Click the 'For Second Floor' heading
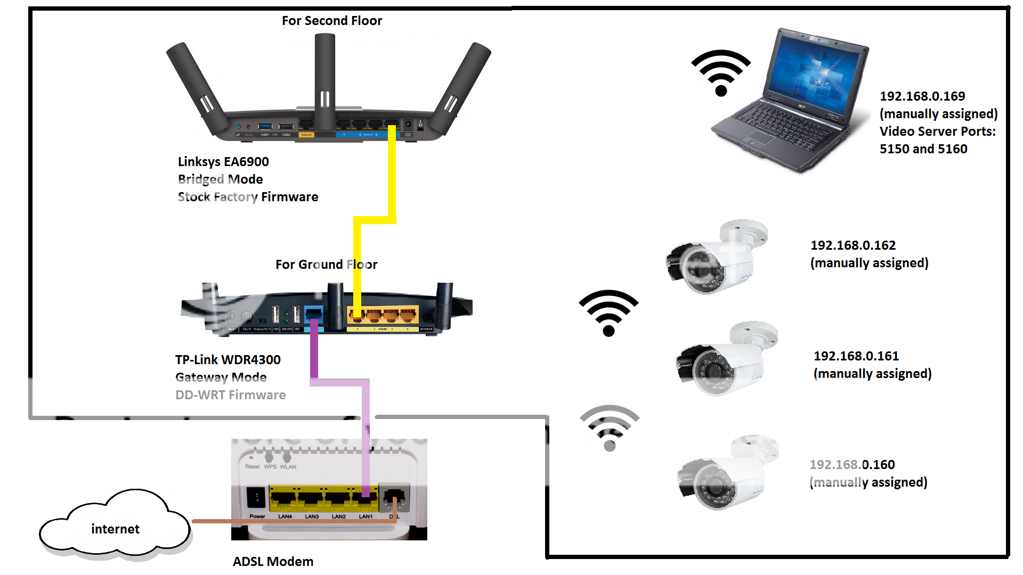click(x=331, y=21)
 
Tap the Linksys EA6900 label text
click(x=223, y=162)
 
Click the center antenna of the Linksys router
click(x=324, y=80)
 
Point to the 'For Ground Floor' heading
click(x=326, y=265)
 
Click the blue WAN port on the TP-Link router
click(x=313, y=314)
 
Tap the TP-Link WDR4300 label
click(x=228, y=360)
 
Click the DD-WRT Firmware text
click(x=230, y=395)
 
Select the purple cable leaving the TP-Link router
click(x=314, y=351)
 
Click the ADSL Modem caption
click(x=273, y=562)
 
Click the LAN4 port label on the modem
click(x=285, y=516)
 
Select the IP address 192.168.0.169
click(x=922, y=96)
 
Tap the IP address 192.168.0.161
click(x=856, y=356)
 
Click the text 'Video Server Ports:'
click(x=937, y=132)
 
